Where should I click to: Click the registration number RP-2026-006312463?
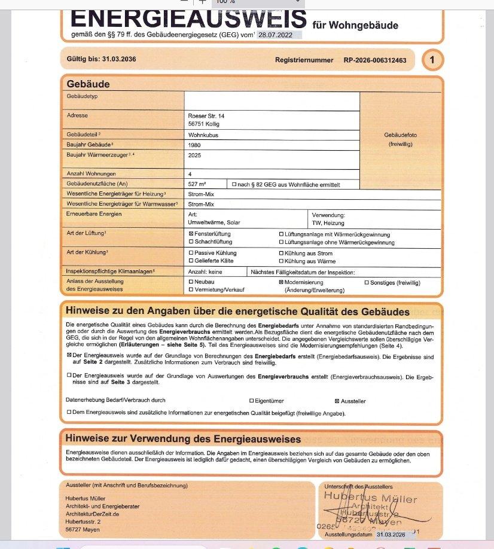[x=375, y=60]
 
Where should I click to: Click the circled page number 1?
[x=432, y=60]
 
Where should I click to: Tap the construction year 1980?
[x=194, y=145]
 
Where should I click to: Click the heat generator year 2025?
[x=194, y=155]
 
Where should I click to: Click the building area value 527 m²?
[x=197, y=184]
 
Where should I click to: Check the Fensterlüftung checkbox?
[x=191, y=234]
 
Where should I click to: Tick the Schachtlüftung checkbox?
[x=191, y=242]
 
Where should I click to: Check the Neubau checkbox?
[x=191, y=282]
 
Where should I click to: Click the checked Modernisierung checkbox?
[x=282, y=282]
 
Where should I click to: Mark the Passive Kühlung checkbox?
[x=191, y=253]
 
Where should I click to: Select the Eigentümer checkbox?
[x=251, y=401]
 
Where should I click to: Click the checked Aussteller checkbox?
[x=336, y=401]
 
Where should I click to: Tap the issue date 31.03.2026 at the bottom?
[x=395, y=535]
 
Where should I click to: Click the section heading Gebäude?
[x=88, y=84]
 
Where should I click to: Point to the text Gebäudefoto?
[x=401, y=135]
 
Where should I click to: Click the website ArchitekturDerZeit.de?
[x=93, y=514]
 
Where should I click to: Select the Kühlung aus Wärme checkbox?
[x=282, y=261]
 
